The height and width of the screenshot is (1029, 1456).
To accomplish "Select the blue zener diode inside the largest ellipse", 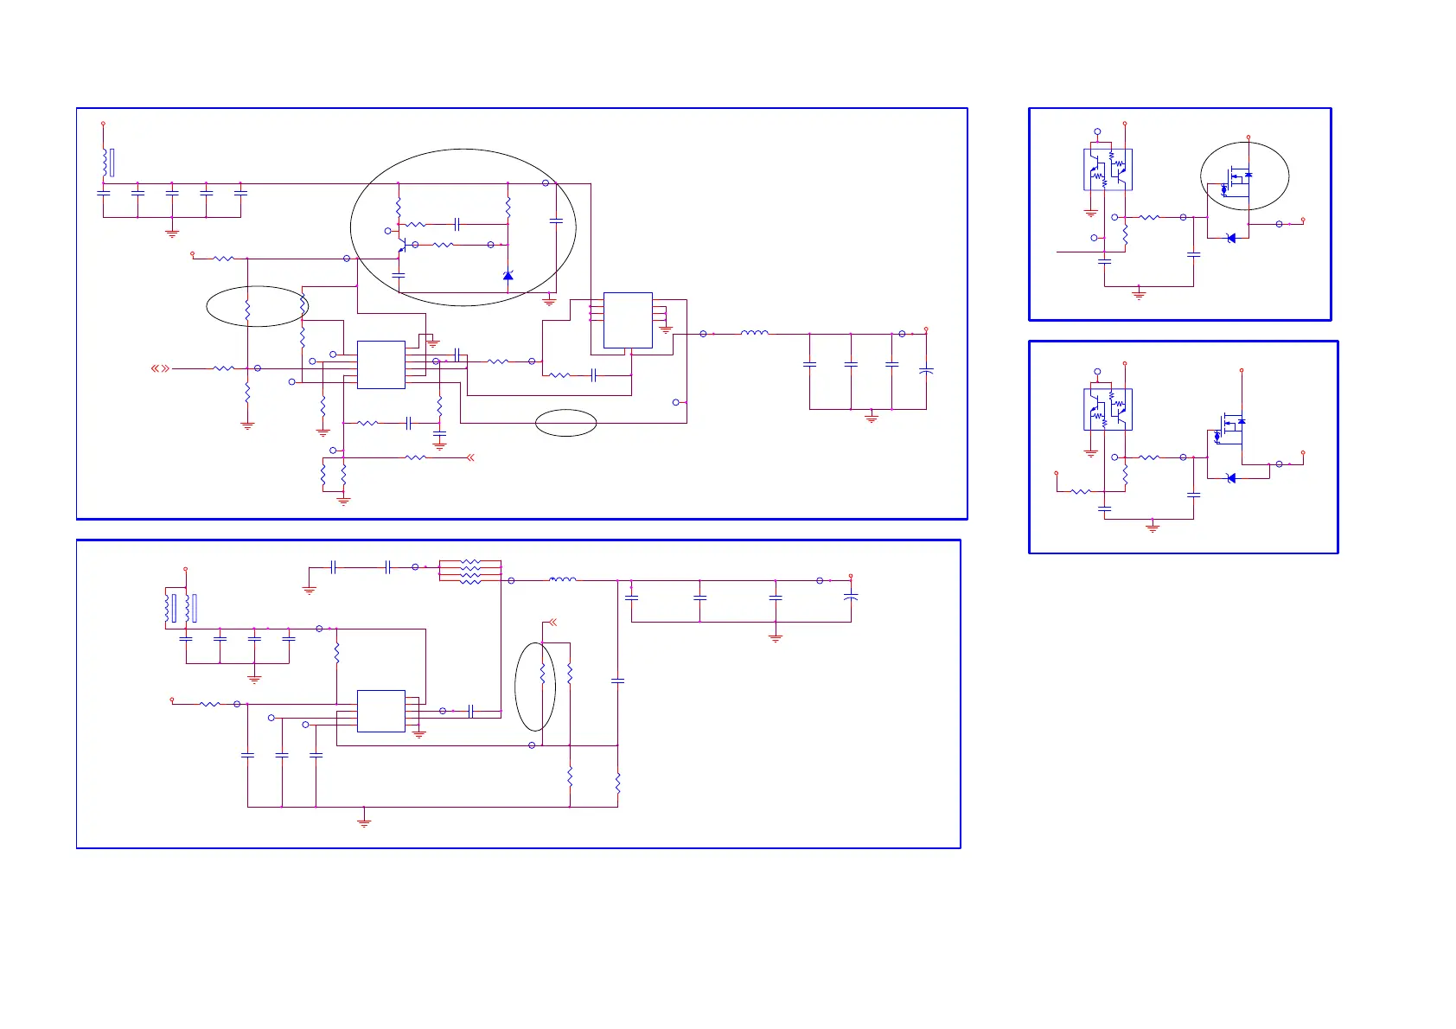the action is pyautogui.click(x=508, y=275).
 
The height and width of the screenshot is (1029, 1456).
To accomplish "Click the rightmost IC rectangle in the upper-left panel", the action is pyautogui.click(x=628, y=320).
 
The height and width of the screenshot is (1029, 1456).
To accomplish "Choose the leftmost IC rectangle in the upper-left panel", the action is pyautogui.click(x=380, y=364).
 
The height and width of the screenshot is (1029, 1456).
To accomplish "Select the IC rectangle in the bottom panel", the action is pyautogui.click(x=380, y=711).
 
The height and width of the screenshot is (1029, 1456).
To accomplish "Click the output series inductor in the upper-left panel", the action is pyautogui.click(x=754, y=333).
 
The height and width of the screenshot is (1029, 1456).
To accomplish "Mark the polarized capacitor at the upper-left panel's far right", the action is pyautogui.click(x=926, y=371).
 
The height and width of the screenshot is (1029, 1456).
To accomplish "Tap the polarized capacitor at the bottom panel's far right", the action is pyautogui.click(x=851, y=597).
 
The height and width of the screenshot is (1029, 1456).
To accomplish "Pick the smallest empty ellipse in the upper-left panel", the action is pyautogui.click(x=566, y=423).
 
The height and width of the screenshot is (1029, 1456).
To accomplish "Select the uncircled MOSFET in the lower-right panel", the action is pyautogui.click(x=1229, y=426).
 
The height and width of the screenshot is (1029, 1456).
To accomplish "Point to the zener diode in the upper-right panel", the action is pyautogui.click(x=1231, y=238).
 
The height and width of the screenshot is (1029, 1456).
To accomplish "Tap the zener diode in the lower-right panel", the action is pyautogui.click(x=1231, y=478).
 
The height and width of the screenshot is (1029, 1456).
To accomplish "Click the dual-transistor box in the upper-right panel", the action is pyautogui.click(x=1108, y=169).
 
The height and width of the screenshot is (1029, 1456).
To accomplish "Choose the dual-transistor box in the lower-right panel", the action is pyautogui.click(x=1108, y=409).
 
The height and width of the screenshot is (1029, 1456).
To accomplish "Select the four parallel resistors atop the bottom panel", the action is pyautogui.click(x=470, y=572).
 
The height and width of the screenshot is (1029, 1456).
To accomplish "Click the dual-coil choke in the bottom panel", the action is pyautogui.click(x=181, y=607).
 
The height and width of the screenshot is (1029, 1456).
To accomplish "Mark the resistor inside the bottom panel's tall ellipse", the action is pyautogui.click(x=542, y=675).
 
